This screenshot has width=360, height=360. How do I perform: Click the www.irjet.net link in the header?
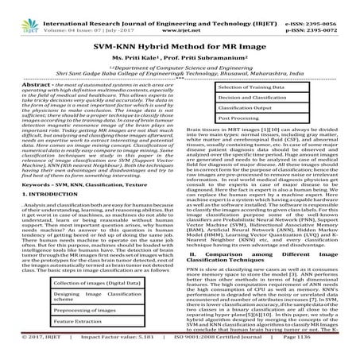pyautogui.click(x=180, y=14)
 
